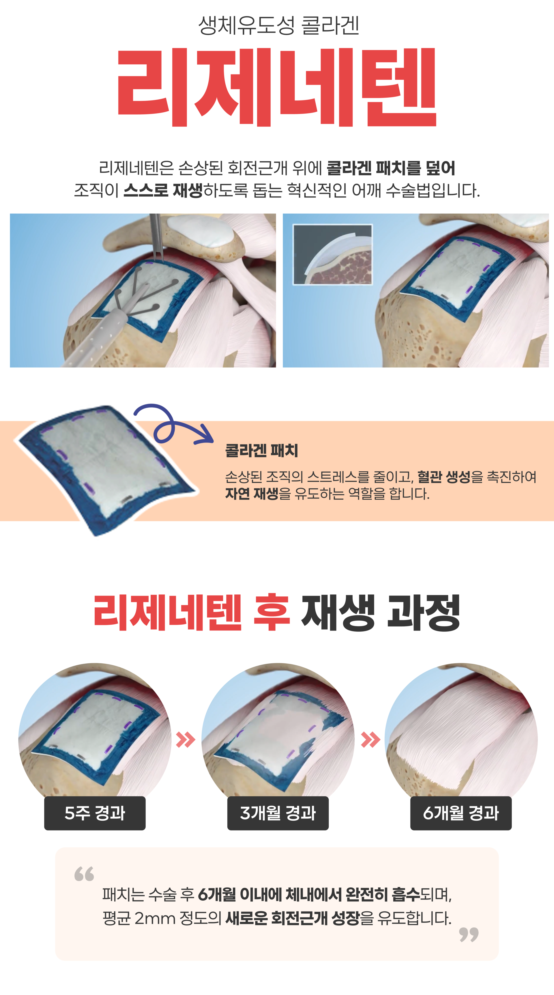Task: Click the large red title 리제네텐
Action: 277,87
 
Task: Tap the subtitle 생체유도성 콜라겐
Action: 278,25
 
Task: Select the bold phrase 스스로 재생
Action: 163,190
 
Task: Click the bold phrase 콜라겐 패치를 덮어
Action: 391,168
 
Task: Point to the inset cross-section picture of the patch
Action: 332,255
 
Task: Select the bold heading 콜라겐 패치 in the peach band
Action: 261,450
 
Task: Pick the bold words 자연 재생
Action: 252,494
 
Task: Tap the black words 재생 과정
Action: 381,612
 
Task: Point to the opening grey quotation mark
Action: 84,874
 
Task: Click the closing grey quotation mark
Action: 469,935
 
